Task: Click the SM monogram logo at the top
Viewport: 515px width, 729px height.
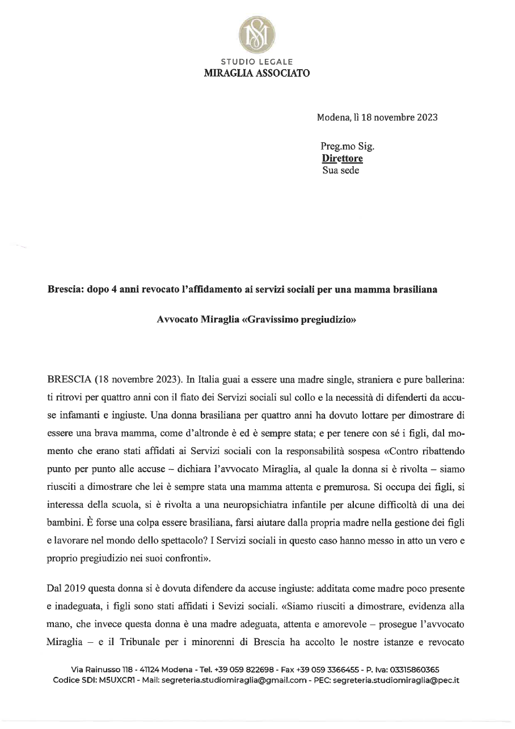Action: [x=257, y=32]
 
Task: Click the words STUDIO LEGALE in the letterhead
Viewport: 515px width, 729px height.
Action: [x=257, y=61]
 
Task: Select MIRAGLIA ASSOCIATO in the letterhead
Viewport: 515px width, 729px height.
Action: [x=257, y=73]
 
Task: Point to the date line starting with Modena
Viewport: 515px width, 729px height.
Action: [x=377, y=118]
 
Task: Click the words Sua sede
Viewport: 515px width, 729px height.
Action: [x=340, y=169]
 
